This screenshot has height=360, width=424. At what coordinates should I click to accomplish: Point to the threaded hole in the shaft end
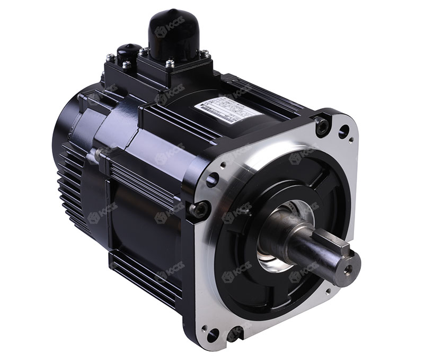[x=348, y=269]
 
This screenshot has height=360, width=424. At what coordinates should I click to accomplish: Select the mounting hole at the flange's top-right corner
[x=343, y=129]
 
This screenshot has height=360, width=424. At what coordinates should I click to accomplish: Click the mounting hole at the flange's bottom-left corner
[x=212, y=335]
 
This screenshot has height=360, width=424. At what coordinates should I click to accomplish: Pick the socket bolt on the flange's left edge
[x=200, y=210]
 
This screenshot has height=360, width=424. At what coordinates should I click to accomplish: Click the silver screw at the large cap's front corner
[x=170, y=64]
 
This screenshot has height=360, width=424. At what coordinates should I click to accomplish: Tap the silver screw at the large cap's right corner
[x=204, y=53]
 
